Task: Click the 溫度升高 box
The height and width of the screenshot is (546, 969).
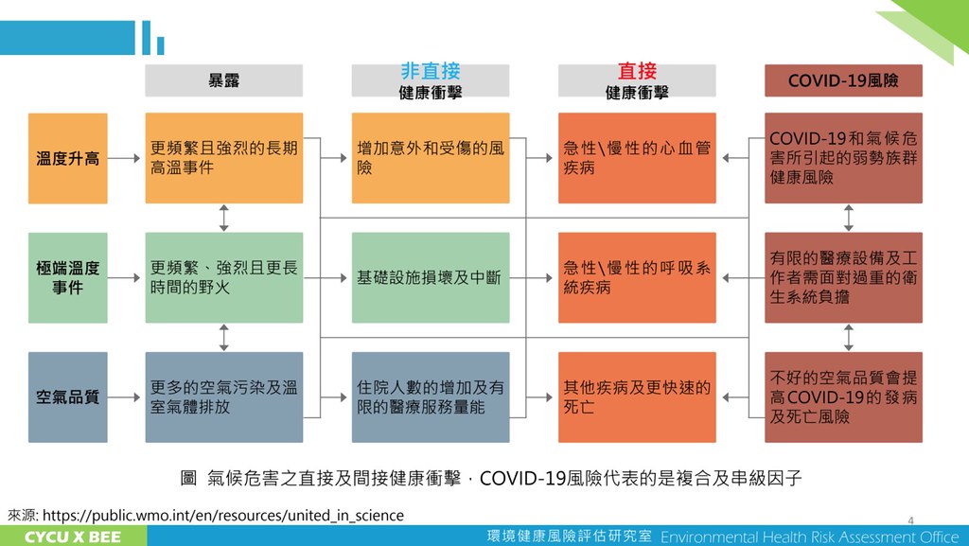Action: pyautogui.click(x=67, y=158)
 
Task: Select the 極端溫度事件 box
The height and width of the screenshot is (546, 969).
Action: pyautogui.click(x=67, y=277)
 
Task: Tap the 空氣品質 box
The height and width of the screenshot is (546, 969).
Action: pyautogui.click(x=67, y=397)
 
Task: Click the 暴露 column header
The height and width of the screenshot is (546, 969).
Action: pyautogui.click(x=223, y=80)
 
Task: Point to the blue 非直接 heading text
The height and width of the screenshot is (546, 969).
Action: pyautogui.click(x=430, y=71)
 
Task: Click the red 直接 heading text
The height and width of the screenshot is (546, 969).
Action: pyautogui.click(x=636, y=71)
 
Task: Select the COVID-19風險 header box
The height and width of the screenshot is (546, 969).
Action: pyautogui.click(x=843, y=80)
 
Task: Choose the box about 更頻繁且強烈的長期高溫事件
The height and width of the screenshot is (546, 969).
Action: pyautogui.click(x=223, y=158)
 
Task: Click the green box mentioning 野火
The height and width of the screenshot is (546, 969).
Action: pyautogui.click(x=223, y=277)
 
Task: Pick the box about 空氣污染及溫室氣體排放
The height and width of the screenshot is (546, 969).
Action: pyautogui.click(x=223, y=397)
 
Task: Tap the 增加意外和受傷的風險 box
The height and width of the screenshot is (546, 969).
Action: pyautogui.click(x=430, y=158)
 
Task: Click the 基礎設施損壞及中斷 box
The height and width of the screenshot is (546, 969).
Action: pyautogui.click(x=430, y=277)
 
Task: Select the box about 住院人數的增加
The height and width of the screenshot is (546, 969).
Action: pyautogui.click(x=430, y=397)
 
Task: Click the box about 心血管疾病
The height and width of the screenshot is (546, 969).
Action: pyautogui.click(x=636, y=158)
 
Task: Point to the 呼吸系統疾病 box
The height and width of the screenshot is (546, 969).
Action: pyautogui.click(x=636, y=277)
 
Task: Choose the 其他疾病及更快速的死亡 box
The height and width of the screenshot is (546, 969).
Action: pyautogui.click(x=636, y=397)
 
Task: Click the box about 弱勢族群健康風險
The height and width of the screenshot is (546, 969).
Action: pyautogui.click(x=843, y=158)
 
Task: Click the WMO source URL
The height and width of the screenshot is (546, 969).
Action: pyautogui.click(x=222, y=515)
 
